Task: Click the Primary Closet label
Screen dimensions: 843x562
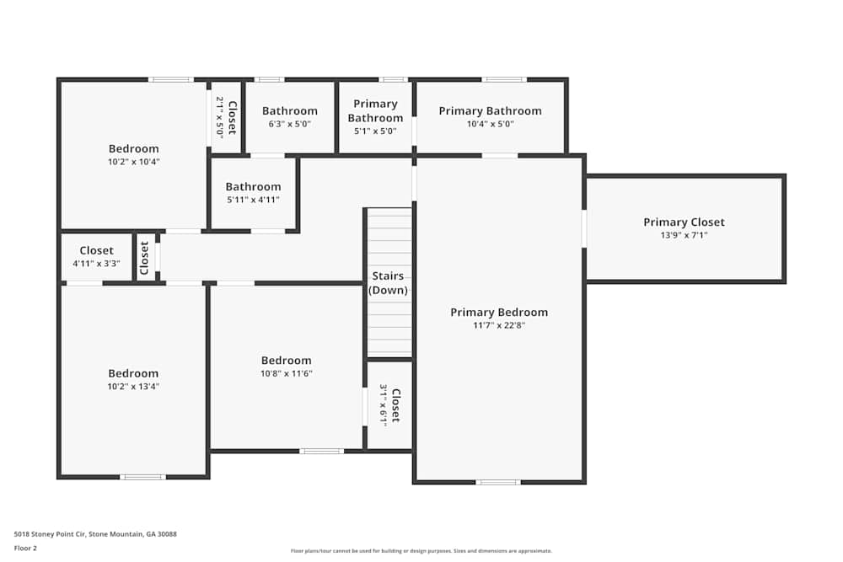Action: tap(684, 222)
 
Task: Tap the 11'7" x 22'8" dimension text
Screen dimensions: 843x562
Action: tap(499, 325)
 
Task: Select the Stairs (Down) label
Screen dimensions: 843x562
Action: tap(388, 283)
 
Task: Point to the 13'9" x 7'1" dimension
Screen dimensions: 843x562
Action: tap(684, 235)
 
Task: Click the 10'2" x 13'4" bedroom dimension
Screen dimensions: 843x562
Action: tap(133, 386)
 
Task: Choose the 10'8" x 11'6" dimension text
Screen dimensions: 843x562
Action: tap(287, 373)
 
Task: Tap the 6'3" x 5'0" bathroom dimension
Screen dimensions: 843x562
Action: tap(290, 124)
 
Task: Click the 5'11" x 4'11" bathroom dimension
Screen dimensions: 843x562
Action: tap(253, 200)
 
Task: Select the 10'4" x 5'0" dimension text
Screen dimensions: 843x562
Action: tap(491, 124)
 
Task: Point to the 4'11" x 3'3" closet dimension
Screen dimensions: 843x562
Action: tap(96, 263)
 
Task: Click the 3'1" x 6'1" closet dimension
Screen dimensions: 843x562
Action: tap(384, 405)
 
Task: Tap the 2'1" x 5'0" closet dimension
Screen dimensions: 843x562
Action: tap(220, 118)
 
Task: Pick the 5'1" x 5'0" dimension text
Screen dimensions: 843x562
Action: tap(375, 131)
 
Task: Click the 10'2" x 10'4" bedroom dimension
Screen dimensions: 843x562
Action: tap(134, 162)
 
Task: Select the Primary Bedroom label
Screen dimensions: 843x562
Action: tap(499, 312)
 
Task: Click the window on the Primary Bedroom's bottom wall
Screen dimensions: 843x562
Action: tap(498, 483)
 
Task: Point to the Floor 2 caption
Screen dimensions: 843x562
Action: tap(25, 548)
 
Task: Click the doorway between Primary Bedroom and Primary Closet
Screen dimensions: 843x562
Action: tap(584, 228)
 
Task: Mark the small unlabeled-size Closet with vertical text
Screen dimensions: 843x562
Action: tap(144, 258)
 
